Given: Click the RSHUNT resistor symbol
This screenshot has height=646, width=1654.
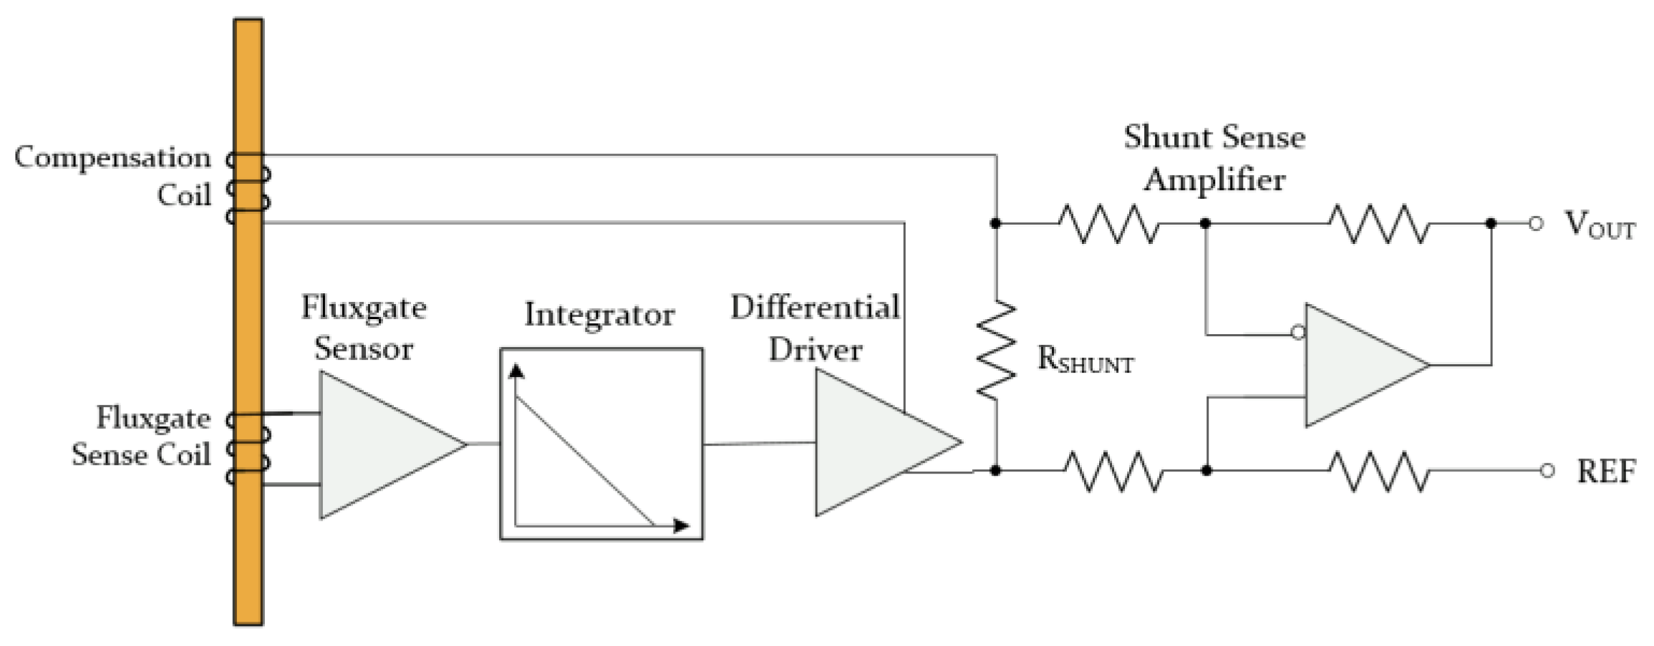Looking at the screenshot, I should click(x=996, y=348).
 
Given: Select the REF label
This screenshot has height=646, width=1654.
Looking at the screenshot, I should click(x=1606, y=471).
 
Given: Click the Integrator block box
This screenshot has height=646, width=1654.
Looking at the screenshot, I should click(x=601, y=444).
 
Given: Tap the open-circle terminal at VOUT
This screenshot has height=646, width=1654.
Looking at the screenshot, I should click(x=1535, y=223).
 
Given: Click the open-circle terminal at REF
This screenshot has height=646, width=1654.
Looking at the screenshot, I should click(x=1547, y=471).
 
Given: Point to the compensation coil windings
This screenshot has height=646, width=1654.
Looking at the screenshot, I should click(x=248, y=188).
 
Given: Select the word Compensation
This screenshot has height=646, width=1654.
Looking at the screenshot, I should click(x=112, y=158).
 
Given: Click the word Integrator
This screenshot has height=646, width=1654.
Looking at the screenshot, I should click(x=599, y=315).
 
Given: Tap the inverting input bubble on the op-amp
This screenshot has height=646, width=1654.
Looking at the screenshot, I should click(x=1298, y=333).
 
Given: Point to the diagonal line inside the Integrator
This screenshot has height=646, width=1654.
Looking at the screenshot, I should click(x=584, y=461).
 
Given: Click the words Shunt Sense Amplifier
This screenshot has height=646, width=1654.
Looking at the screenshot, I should click(x=1214, y=157).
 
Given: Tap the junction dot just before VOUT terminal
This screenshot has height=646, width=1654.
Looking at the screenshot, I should click(x=1491, y=223).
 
